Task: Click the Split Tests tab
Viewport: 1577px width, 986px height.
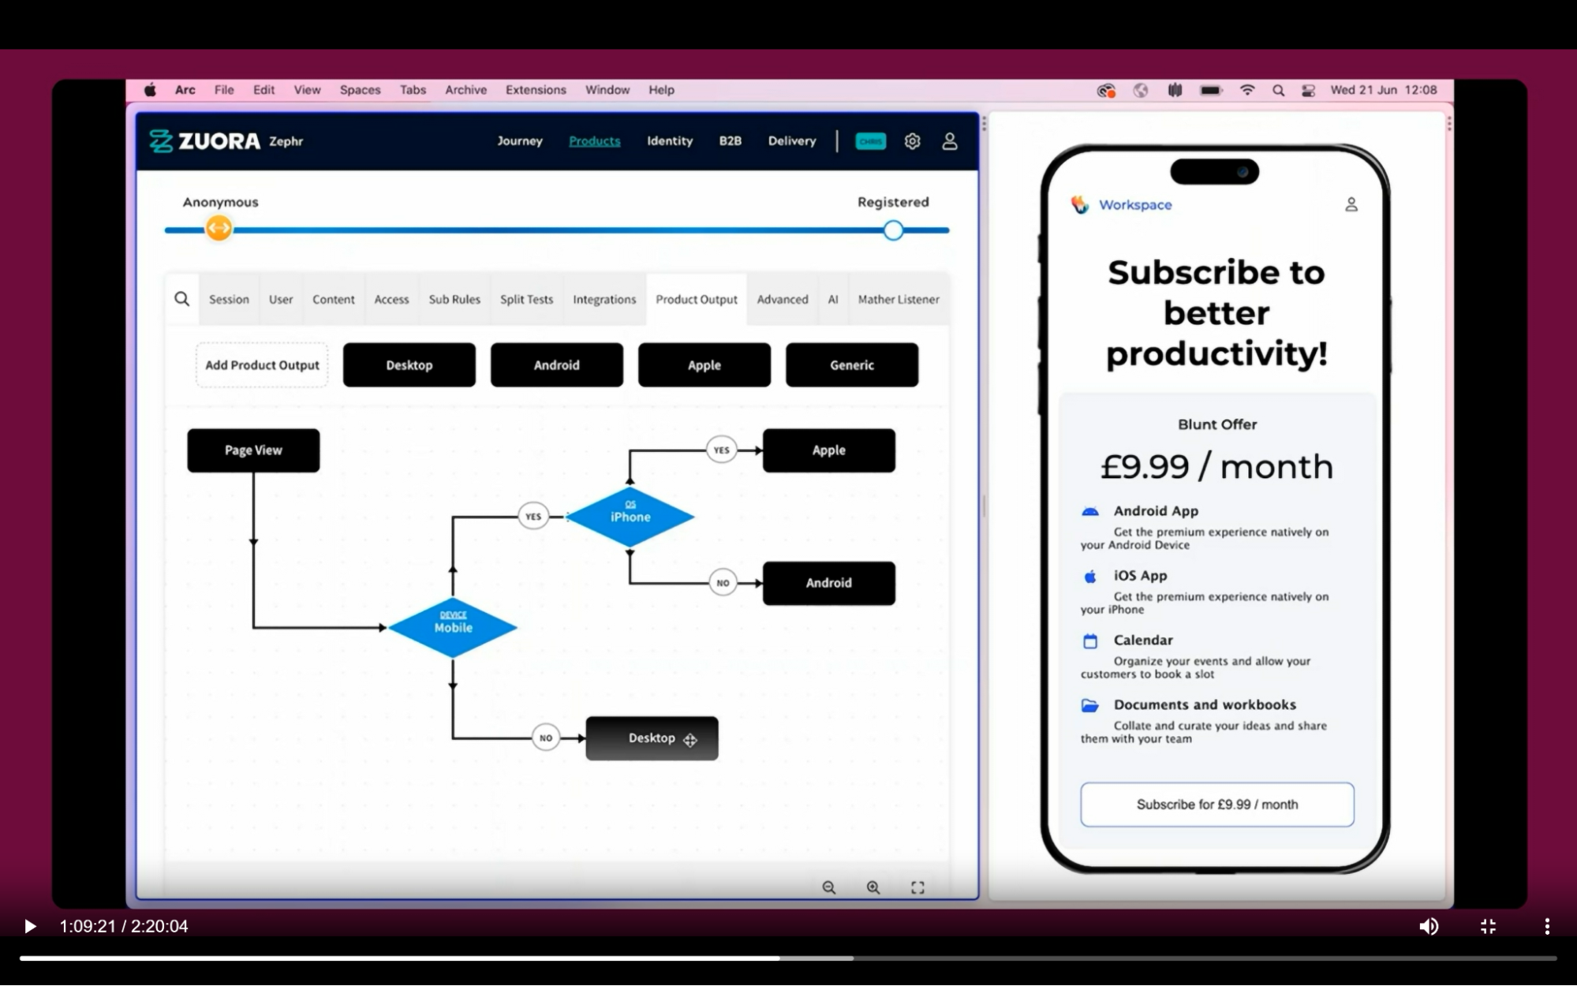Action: click(x=526, y=300)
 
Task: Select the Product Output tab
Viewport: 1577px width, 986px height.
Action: click(x=696, y=300)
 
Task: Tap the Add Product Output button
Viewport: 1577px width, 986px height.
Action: click(x=262, y=365)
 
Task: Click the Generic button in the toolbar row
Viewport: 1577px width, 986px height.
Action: click(x=851, y=365)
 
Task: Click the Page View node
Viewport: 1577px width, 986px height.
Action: click(x=253, y=450)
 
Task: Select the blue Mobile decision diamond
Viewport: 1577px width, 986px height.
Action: click(x=453, y=628)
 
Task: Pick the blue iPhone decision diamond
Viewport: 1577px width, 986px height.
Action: click(x=630, y=517)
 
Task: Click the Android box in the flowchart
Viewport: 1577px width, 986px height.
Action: click(x=828, y=583)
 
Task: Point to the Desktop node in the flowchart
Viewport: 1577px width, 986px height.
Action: click(x=651, y=738)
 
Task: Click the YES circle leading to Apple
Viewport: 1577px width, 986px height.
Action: click(x=721, y=450)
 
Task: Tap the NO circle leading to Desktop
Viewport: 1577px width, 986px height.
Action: click(x=546, y=738)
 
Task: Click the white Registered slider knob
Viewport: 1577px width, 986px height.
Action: click(x=893, y=230)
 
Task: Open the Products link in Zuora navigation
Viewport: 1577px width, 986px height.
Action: click(x=594, y=141)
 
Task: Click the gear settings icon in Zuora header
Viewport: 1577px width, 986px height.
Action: click(x=912, y=141)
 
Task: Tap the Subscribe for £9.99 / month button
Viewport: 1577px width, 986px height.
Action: click(x=1216, y=805)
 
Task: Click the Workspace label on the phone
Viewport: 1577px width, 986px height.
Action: click(x=1134, y=205)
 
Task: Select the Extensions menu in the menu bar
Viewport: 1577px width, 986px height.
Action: click(x=536, y=90)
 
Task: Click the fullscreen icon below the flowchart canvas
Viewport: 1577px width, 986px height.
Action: click(x=917, y=887)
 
